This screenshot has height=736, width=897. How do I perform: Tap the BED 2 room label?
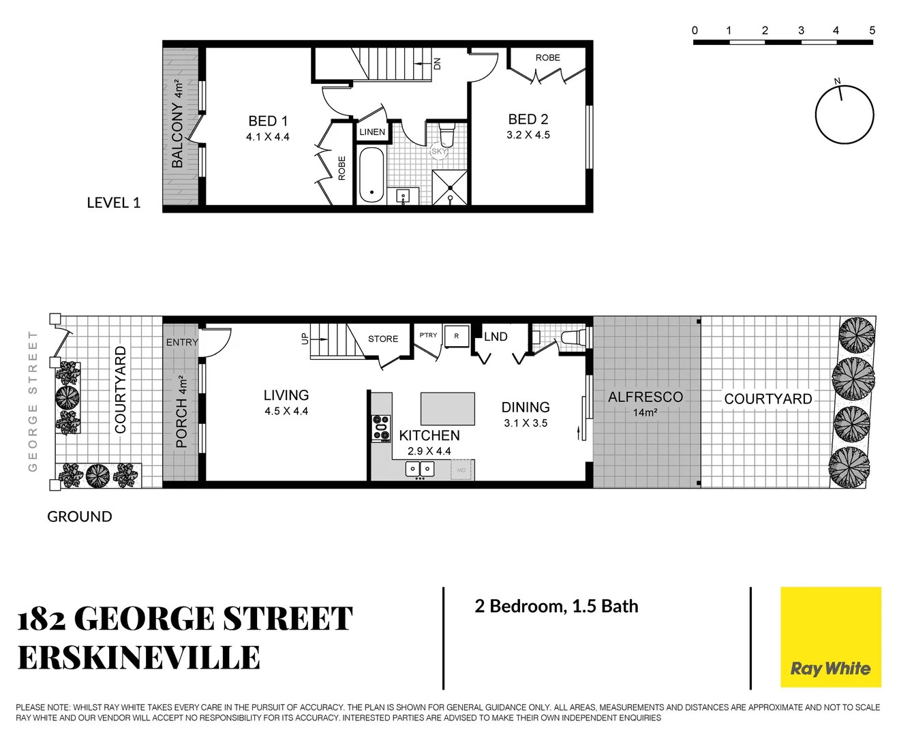[x=528, y=120]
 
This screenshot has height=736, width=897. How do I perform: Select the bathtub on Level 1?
[x=371, y=175]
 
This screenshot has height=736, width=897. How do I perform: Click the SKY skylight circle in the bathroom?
[x=439, y=151]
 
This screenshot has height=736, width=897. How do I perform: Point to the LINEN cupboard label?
[x=372, y=132]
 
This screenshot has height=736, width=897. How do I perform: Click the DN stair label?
[x=438, y=63]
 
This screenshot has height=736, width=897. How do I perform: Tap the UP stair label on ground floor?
[x=305, y=338]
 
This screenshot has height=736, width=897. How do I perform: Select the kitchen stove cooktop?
[x=381, y=428]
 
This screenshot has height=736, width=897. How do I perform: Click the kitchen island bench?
[x=448, y=409]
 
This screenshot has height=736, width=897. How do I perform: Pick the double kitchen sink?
[x=420, y=469]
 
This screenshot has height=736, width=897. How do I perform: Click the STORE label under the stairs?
[x=383, y=339]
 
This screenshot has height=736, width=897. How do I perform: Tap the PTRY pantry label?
[x=428, y=335]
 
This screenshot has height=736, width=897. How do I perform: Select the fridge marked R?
[x=457, y=336]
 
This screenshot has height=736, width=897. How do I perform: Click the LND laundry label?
[x=496, y=337]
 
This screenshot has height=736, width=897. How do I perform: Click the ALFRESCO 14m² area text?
[x=645, y=403]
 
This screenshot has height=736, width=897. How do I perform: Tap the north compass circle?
[x=845, y=115]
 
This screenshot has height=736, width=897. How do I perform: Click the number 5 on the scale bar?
[x=872, y=31]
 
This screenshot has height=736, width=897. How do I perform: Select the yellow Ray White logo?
[x=830, y=637]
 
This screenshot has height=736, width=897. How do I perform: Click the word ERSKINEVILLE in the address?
[x=139, y=658]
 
